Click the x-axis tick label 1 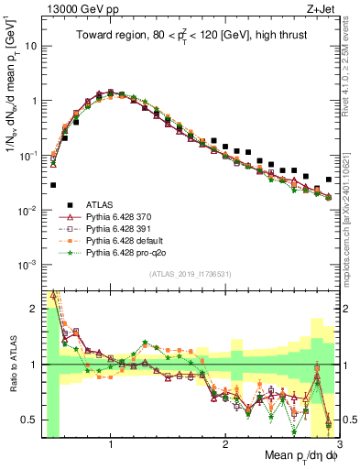pyautogui.click(x=111, y=442)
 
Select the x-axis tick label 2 pyautogui.click(x=224, y=442)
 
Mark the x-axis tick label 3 pyautogui.click(x=337, y=442)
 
